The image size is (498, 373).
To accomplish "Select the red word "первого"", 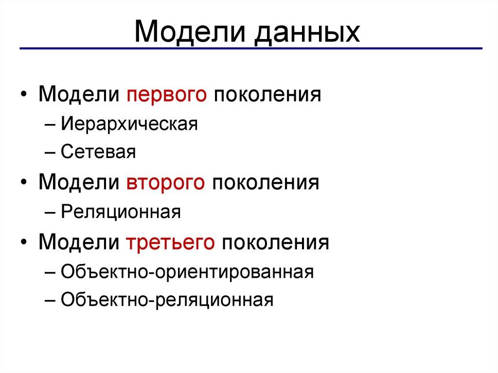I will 166,93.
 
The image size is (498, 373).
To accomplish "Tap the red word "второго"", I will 166,183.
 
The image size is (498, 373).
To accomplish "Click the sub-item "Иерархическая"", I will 129,124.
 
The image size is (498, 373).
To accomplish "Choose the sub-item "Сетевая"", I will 98,153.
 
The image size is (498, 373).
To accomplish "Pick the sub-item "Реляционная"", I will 121,212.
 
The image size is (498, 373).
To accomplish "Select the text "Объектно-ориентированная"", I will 187,271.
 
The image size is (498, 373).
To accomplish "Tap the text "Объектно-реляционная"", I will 167,300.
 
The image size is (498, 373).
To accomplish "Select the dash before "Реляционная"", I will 53,213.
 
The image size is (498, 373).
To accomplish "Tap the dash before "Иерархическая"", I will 53,124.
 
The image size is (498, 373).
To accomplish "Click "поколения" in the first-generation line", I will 266,93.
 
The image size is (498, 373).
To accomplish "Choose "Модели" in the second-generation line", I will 79,183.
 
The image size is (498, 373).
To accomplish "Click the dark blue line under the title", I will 250,49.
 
